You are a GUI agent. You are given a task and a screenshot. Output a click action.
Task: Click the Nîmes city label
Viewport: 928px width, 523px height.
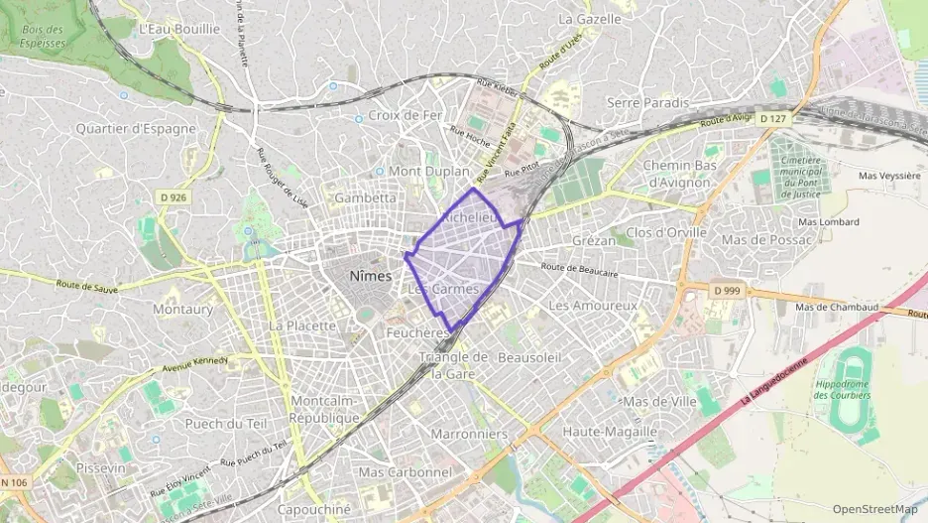point(370,276)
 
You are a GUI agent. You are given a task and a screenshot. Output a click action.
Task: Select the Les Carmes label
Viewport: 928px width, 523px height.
point(443,289)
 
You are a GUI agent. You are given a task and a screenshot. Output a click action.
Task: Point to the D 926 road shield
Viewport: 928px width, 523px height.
point(173,197)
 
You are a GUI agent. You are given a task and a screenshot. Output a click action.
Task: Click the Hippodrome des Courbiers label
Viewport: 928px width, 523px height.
point(842,389)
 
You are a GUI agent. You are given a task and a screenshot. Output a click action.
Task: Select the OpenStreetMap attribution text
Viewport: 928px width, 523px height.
point(874,509)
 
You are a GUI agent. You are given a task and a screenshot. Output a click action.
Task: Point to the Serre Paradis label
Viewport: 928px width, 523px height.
point(647,102)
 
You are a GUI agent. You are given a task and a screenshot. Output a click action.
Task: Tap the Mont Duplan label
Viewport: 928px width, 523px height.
point(428,171)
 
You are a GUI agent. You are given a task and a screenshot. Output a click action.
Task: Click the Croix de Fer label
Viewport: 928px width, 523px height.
point(404,115)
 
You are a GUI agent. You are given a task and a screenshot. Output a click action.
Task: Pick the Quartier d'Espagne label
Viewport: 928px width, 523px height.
point(136,129)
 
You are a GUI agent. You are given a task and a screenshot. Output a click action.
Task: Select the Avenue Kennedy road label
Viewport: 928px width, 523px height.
point(192,365)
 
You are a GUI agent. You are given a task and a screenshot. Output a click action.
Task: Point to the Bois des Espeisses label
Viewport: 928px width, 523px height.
point(42,37)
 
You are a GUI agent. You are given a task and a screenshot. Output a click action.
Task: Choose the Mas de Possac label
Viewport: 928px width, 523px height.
point(766,240)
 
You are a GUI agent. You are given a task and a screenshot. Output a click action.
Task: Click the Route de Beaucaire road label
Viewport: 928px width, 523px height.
point(580,269)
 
